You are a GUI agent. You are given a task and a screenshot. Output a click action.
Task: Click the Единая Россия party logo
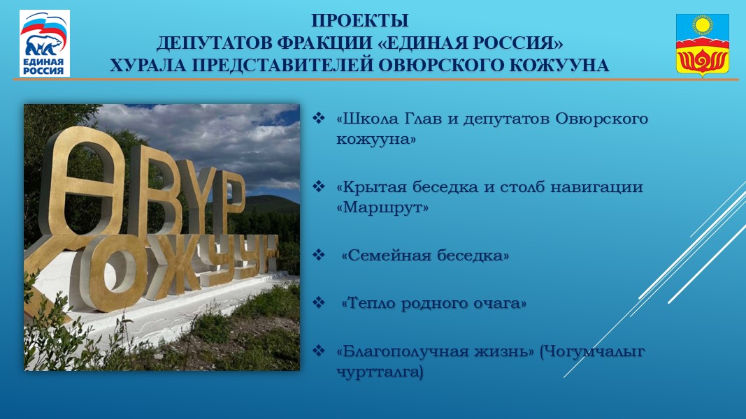coord(45,43)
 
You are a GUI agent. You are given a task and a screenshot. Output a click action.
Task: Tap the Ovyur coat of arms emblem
coord(702,45)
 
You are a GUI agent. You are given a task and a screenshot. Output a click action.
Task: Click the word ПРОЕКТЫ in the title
coord(359,21)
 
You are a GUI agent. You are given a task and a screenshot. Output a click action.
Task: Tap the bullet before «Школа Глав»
coord(318,118)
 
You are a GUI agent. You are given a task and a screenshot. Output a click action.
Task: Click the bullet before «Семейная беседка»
coord(318,255)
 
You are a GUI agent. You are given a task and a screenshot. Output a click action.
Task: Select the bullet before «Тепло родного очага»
coord(318,302)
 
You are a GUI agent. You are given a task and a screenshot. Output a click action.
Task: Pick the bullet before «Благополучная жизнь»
coord(318,351)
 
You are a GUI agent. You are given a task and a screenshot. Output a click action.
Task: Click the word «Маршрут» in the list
coord(382,207)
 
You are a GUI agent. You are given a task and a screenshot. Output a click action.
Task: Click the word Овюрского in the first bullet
coord(601,118)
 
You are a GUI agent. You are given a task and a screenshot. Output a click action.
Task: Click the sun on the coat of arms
coord(703,26)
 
